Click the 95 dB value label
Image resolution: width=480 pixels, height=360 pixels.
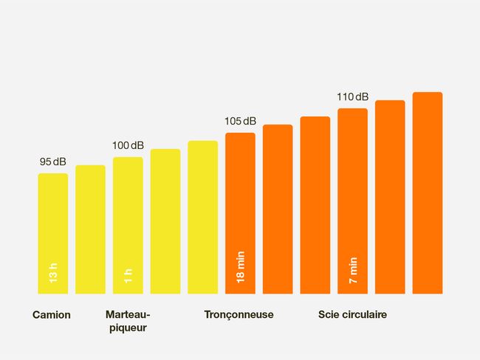coord(53,162)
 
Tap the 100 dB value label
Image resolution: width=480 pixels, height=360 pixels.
coord(128,145)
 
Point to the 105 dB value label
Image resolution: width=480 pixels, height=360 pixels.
coord(240,121)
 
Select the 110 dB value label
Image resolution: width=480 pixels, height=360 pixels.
coord(352,97)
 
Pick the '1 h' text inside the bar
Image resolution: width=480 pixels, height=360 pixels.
coord(128,277)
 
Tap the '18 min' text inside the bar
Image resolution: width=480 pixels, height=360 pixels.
coord(240,267)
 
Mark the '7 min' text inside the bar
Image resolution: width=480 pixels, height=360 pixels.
coord(352,270)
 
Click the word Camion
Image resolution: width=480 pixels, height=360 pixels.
coord(52,315)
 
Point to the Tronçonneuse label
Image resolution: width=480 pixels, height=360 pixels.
coord(239,315)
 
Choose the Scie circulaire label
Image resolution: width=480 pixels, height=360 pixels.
coord(352,315)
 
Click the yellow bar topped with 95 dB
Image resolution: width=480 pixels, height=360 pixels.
coord(53,221)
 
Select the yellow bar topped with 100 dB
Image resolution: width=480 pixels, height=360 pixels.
coord(128,214)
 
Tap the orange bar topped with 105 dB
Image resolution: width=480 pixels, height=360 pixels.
coord(240,199)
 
